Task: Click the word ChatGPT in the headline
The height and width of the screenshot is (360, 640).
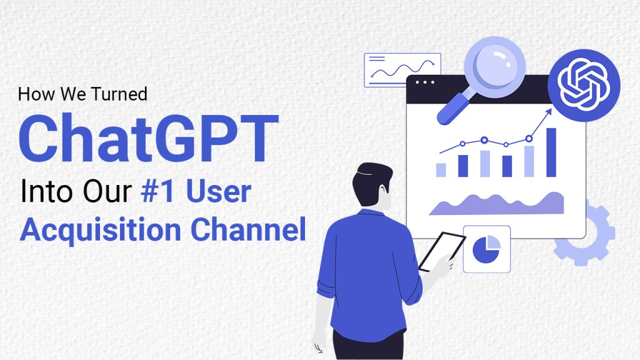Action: pyautogui.click(x=149, y=138)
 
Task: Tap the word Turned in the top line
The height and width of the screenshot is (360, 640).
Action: pyautogui.click(x=119, y=94)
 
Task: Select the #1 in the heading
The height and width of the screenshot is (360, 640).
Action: pyautogui.click(x=157, y=191)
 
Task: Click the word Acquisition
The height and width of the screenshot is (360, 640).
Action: pyautogui.click(x=101, y=230)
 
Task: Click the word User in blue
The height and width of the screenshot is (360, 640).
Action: pyautogui.click(x=218, y=191)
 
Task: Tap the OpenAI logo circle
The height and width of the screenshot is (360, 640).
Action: pyautogui.click(x=584, y=85)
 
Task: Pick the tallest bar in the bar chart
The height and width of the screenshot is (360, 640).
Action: pyautogui.click(x=551, y=152)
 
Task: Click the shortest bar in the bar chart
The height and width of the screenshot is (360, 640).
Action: pyautogui.click(x=441, y=170)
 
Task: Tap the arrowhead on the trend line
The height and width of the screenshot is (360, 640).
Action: pyautogui.click(x=548, y=111)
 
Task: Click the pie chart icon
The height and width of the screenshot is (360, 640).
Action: pyautogui.click(x=486, y=249)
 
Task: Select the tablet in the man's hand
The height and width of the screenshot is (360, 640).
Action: pyautogui.click(x=442, y=251)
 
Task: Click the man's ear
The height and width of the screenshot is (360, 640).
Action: pyautogui.click(x=382, y=191)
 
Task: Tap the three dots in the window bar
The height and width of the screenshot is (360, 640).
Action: pyautogui.click(x=425, y=82)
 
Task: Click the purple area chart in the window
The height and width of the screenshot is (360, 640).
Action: pyautogui.click(x=497, y=204)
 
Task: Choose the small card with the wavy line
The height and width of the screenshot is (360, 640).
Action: pyautogui.click(x=402, y=70)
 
